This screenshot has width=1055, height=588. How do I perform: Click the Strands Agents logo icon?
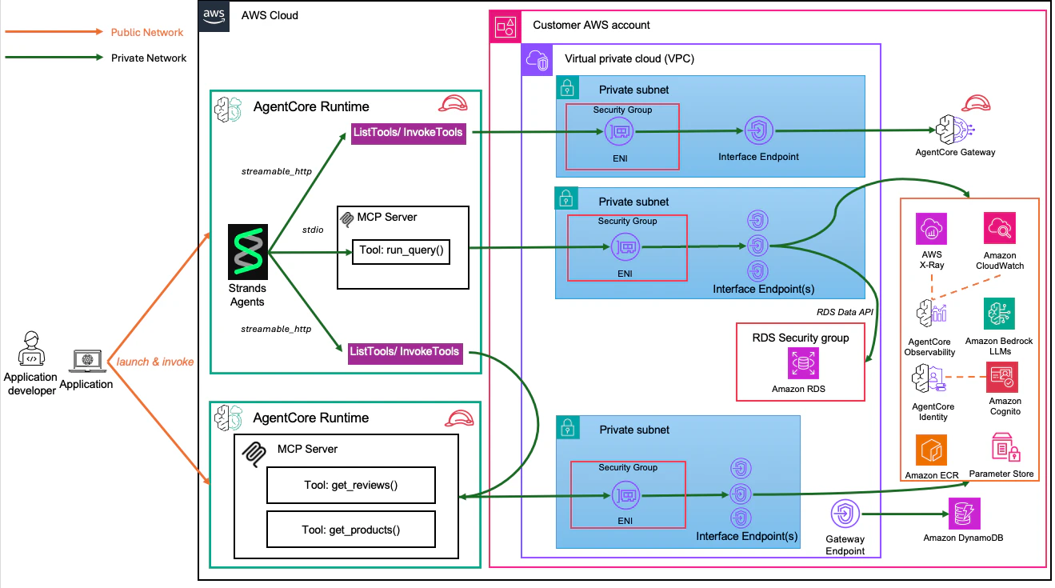[x=247, y=252]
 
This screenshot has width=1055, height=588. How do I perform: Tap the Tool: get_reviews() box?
[x=350, y=486]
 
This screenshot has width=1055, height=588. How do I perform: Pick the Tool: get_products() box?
[x=350, y=529]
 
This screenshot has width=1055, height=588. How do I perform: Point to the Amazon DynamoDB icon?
[x=962, y=514]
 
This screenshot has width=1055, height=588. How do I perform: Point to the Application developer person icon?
[x=30, y=350]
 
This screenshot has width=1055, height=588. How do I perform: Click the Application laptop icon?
[x=86, y=362]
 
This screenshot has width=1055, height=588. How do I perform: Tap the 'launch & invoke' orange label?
[x=155, y=362]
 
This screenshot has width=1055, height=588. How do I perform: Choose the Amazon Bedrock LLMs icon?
[x=999, y=315]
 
